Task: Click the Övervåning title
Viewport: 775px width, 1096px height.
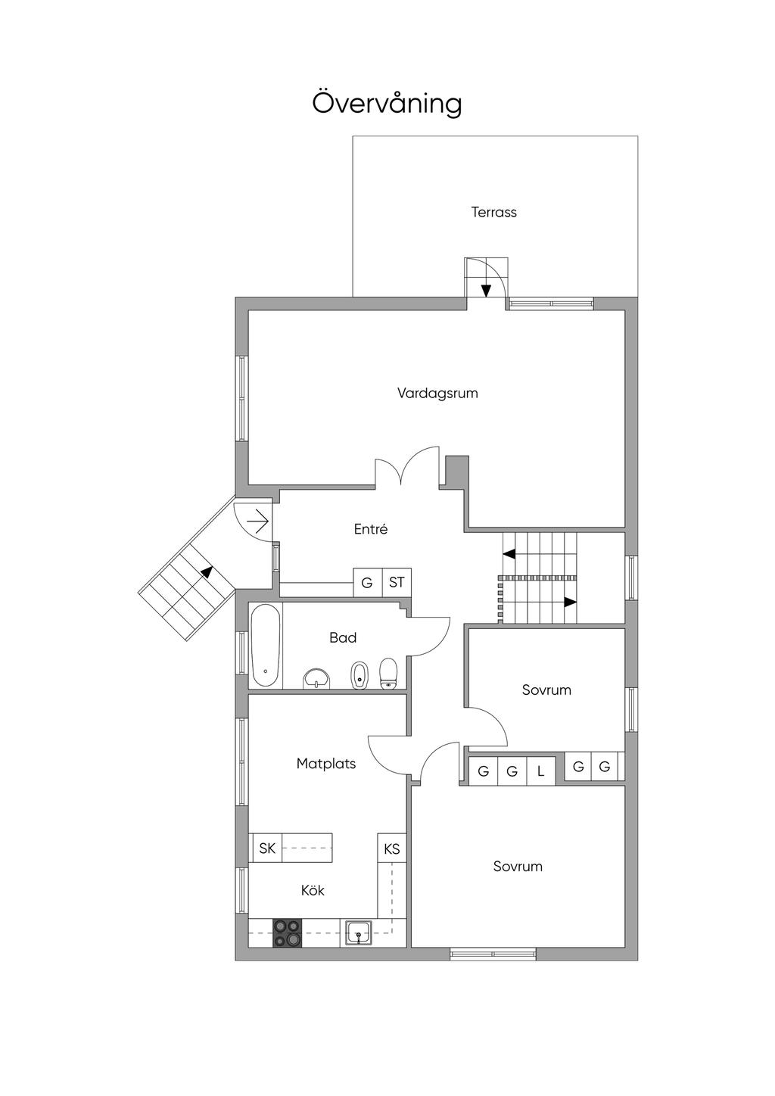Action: [x=387, y=102]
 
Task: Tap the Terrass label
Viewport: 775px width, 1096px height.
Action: [x=493, y=213]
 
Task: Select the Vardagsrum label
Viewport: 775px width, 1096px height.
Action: [x=437, y=393]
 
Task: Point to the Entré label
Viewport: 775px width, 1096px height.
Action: [x=371, y=529]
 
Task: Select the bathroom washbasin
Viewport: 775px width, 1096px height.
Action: [x=317, y=679]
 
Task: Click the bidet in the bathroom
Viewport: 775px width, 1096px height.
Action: [x=359, y=675]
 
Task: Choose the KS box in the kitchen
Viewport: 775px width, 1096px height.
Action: [x=392, y=848]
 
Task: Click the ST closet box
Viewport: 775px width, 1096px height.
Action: [x=397, y=582]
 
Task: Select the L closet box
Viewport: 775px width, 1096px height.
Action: [x=540, y=771]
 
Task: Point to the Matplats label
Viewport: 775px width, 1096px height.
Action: [x=326, y=764]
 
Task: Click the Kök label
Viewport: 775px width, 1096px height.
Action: [x=313, y=890]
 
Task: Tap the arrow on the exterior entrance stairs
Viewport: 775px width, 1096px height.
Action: [x=208, y=571]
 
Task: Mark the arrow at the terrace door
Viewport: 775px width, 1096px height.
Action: [x=485, y=291]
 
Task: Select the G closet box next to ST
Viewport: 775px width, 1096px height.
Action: [x=367, y=582]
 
